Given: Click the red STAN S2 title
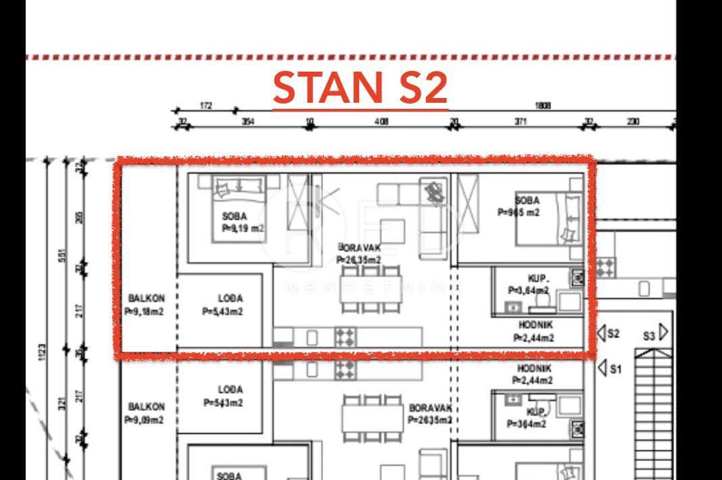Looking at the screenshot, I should (360, 88).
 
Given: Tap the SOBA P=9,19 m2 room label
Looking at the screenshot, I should (240, 222).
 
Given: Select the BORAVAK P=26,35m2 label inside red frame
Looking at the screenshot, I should (358, 254).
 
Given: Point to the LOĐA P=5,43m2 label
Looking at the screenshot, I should (222, 305).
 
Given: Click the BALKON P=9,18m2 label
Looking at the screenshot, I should (145, 305).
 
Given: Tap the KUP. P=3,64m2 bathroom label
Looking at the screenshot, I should (529, 284).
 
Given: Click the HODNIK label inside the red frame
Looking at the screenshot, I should (534, 331).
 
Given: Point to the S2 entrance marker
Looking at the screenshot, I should (608, 333).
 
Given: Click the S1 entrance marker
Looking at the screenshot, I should (608, 369).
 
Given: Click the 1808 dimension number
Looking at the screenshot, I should (542, 105).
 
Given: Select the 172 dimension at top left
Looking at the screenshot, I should (206, 105).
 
